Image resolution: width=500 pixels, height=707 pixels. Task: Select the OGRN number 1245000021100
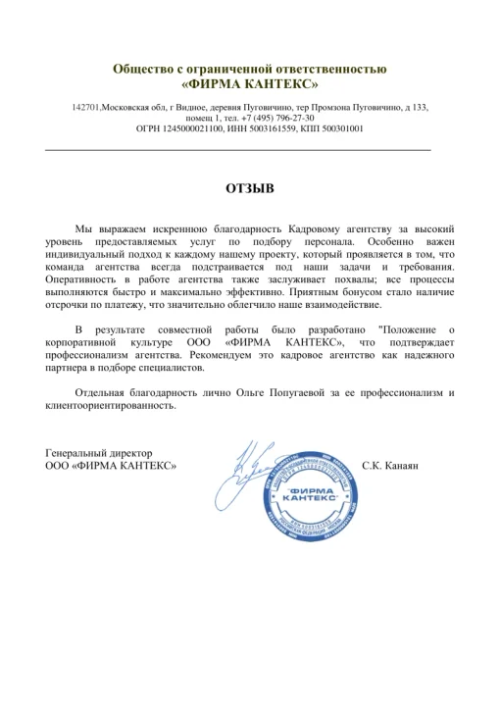(x=196, y=127)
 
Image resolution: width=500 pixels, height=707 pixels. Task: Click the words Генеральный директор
(x=100, y=452)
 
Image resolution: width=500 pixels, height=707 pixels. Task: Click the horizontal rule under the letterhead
(x=238, y=147)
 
